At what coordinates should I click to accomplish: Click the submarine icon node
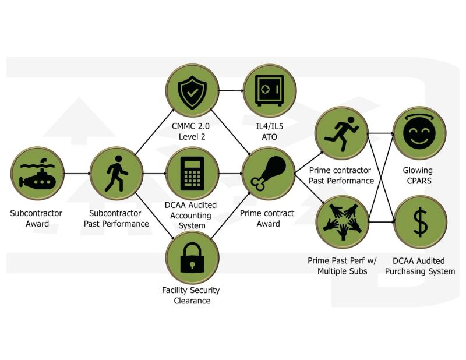pos(37,174)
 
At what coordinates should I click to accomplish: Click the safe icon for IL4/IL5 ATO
pos(270,91)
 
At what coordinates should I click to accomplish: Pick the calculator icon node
pos(192,174)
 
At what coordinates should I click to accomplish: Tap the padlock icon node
pos(192,257)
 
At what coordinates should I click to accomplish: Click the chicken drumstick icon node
pos(269,174)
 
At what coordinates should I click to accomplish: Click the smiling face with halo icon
pos(419,133)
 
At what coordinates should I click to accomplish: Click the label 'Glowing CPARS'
pos(418,175)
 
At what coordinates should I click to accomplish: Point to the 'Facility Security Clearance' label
pos(192,295)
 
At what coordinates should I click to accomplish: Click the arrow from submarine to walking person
pos(77,174)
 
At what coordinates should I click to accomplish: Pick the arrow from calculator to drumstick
pos(230,174)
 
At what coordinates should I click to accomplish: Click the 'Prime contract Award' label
pos(268,218)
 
